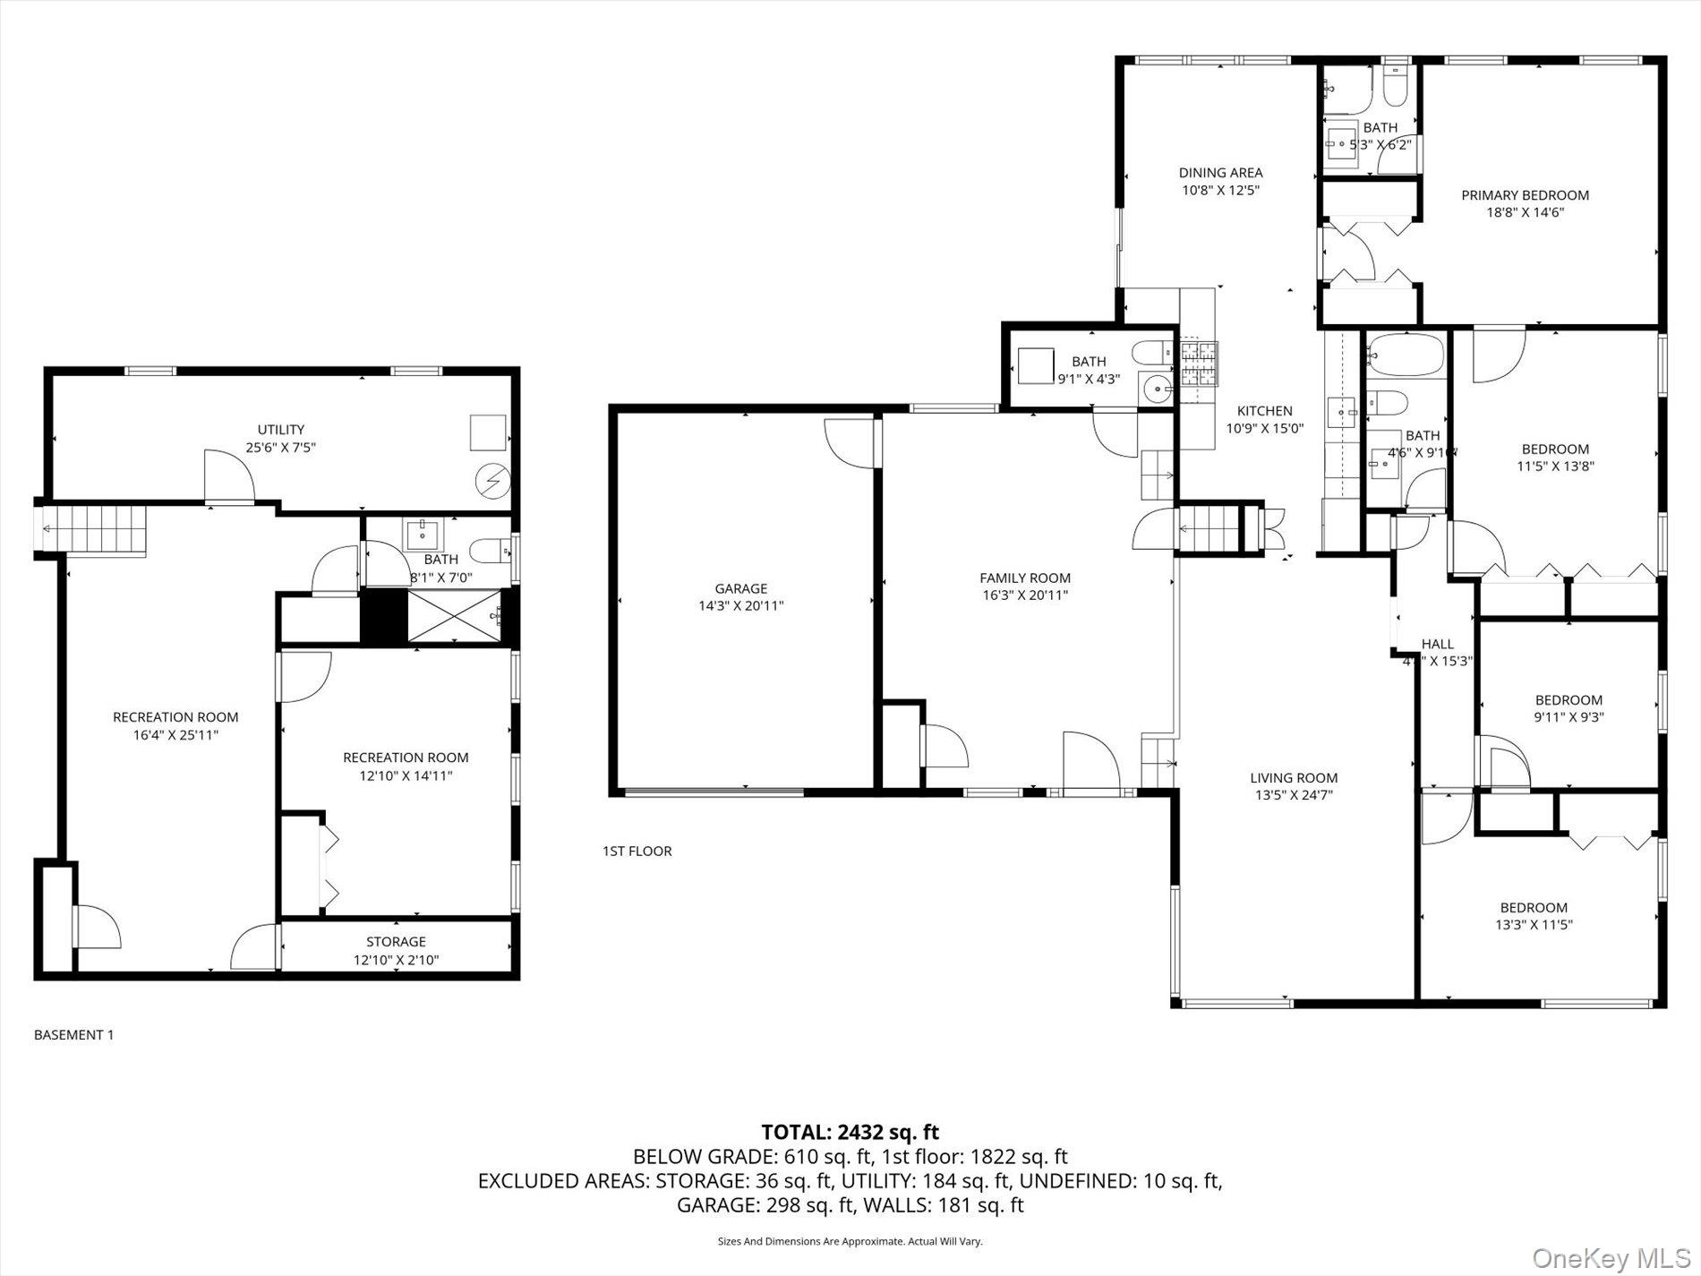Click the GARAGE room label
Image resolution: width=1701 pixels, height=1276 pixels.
[740, 588]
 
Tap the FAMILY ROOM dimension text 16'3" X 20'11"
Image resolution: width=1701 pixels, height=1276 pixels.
[1024, 595]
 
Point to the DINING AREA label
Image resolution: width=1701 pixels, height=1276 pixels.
[1220, 173]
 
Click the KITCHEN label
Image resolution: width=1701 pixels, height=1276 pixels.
[1264, 411]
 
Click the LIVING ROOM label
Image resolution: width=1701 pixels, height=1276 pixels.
[1294, 778]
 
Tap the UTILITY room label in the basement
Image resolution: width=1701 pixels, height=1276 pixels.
[281, 430]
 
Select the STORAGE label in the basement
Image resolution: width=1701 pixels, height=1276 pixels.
[396, 942]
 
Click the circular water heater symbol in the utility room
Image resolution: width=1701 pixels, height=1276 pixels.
[491, 482]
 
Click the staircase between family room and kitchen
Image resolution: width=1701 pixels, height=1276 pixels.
[1208, 529]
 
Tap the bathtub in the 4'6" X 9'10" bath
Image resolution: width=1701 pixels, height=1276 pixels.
[1405, 355]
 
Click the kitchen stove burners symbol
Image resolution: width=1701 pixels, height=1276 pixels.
[1199, 363]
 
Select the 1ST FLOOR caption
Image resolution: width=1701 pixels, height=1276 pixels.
[637, 851]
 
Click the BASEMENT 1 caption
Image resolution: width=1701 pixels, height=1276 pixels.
[73, 1035]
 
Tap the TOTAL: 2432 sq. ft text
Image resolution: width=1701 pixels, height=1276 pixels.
[850, 1133]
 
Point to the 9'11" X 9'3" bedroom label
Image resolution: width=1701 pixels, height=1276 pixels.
[1569, 700]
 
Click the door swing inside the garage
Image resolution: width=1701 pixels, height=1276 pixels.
[847, 441]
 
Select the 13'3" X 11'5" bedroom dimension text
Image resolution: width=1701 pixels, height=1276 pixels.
[1534, 925]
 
